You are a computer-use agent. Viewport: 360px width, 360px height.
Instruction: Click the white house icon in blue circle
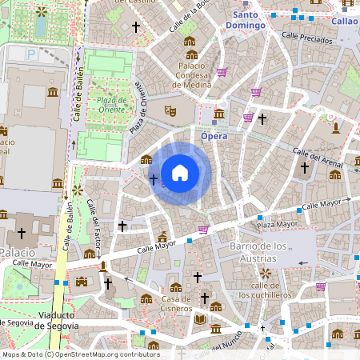click(180, 172)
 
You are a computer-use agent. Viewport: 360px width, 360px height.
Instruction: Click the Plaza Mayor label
click(278, 224)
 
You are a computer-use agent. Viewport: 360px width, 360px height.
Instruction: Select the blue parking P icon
click(31, 54)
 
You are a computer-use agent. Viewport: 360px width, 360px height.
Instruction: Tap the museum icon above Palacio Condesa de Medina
click(190, 42)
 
